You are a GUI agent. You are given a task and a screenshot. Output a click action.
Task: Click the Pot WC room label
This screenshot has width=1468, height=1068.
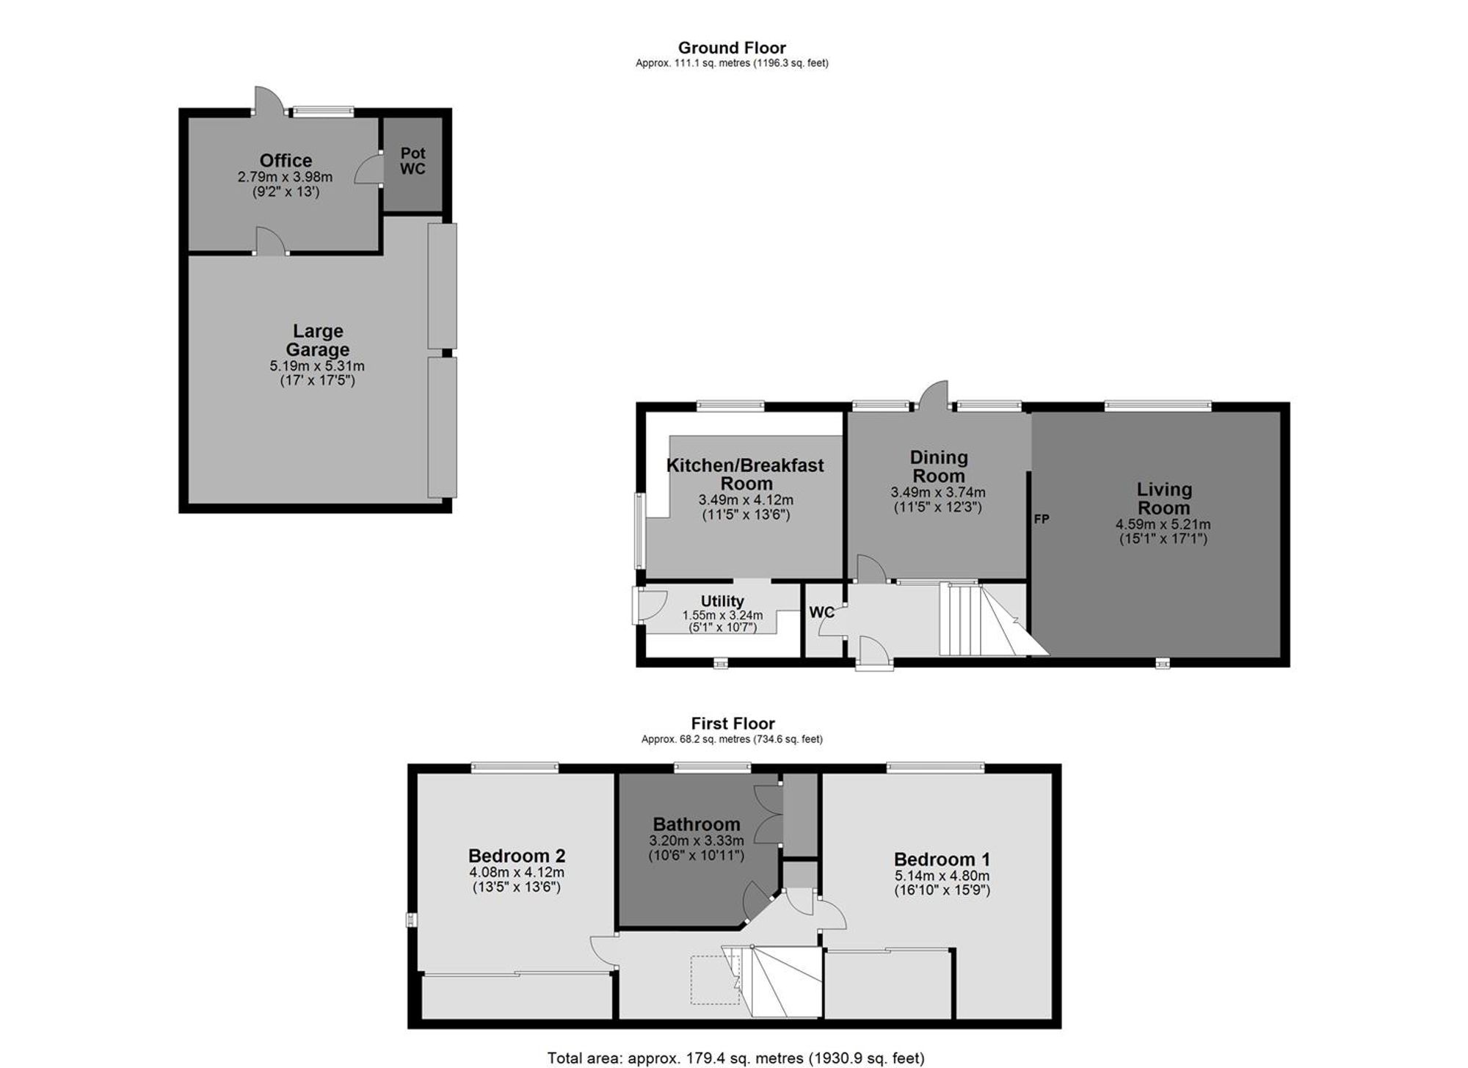(x=413, y=161)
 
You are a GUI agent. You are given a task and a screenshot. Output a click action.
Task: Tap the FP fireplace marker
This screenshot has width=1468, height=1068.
(x=1042, y=519)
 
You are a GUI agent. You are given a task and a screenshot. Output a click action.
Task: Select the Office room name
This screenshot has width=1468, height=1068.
(x=286, y=160)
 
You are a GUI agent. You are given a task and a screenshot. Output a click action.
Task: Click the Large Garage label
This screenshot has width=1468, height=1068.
(x=318, y=340)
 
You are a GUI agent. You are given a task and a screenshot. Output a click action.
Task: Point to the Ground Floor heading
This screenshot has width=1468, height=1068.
(x=732, y=48)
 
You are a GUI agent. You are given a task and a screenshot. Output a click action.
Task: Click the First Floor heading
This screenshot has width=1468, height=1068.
(x=733, y=724)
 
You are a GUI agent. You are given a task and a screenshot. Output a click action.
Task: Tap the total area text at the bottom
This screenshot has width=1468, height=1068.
(x=735, y=1058)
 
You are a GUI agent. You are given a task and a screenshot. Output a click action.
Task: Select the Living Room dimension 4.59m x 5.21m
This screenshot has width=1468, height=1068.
(x=1163, y=525)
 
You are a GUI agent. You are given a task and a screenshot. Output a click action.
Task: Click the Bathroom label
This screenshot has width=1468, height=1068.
(x=697, y=824)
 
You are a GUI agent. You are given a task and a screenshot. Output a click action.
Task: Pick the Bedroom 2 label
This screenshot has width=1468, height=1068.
(x=517, y=856)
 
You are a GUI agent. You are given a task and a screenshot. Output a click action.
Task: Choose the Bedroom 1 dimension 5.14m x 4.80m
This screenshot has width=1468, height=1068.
(x=942, y=876)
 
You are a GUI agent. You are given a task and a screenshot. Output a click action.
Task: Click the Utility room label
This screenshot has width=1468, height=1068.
(x=722, y=601)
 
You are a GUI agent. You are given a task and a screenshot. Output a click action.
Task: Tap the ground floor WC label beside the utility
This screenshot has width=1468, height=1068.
(x=821, y=612)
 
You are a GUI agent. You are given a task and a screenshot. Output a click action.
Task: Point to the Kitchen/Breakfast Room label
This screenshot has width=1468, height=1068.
(x=745, y=474)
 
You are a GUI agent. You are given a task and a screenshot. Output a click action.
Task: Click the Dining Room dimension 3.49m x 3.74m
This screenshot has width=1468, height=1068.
(x=938, y=493)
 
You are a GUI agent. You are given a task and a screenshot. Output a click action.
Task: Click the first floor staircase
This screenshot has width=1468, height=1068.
(x=772, y=981)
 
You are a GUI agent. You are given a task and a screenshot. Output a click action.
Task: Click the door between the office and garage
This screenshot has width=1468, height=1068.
(x=271, y=241)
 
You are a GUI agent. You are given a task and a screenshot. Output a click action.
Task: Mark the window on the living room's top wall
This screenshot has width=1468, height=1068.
(x=1158, y=404)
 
